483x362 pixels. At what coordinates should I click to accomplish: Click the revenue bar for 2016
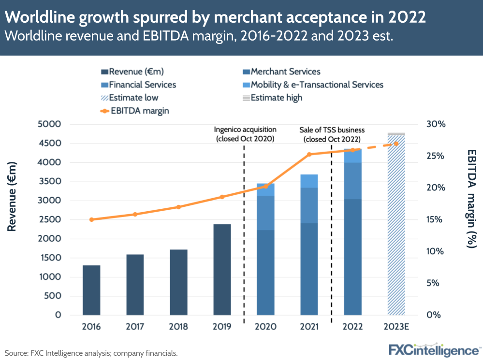91,290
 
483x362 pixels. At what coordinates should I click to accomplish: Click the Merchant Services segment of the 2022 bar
352,257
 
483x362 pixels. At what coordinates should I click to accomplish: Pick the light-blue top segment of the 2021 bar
309,181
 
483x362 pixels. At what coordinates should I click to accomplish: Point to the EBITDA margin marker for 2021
309,154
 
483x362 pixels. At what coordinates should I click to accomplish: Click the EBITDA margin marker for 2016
91,219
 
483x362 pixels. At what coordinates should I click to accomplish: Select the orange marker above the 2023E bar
396,144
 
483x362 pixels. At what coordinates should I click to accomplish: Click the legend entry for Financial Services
139,85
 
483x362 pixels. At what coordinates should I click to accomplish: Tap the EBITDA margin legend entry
136,111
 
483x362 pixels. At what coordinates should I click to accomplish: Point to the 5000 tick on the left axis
50,124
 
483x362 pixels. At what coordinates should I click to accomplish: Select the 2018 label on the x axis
178,327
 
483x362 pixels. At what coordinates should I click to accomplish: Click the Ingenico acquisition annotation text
245,134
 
